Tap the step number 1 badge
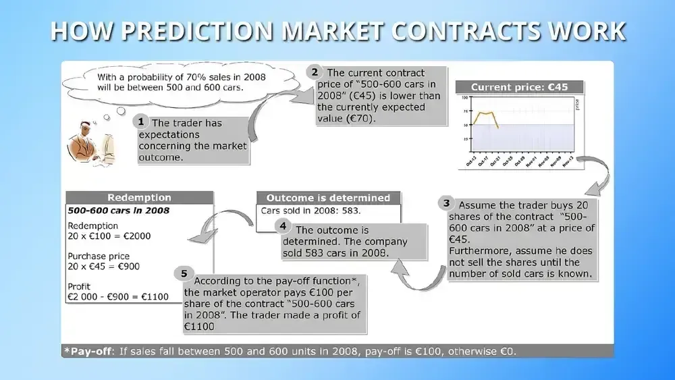tap(141, 121)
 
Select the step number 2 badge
tap(313, 72)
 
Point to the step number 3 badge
tap(445, 202)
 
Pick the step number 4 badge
tap(283, 227)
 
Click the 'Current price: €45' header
tap(519, 87)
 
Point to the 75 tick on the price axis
tap(466, 111)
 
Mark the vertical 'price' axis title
tap(576, 104)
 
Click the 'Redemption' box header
tap(139, 198)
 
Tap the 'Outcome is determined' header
tap(328, 198)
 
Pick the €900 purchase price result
tap(128, 266)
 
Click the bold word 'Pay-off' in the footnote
tap(90, 352)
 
